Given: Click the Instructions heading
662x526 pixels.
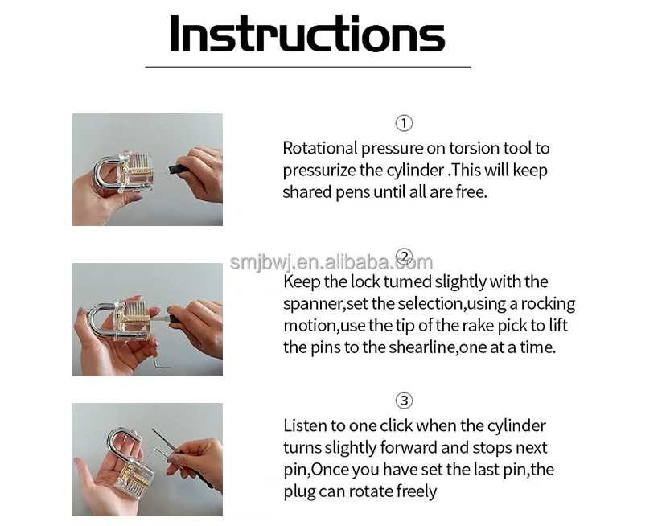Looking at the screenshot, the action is pos(307,34).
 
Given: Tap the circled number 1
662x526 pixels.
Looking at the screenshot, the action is pos(404,123).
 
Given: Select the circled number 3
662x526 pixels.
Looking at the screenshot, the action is pos(404,401).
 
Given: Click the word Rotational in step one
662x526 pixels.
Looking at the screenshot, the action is pos(320,148).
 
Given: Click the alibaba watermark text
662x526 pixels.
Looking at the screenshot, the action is pos(331,262).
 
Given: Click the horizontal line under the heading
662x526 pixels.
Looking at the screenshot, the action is pos(308,67).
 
